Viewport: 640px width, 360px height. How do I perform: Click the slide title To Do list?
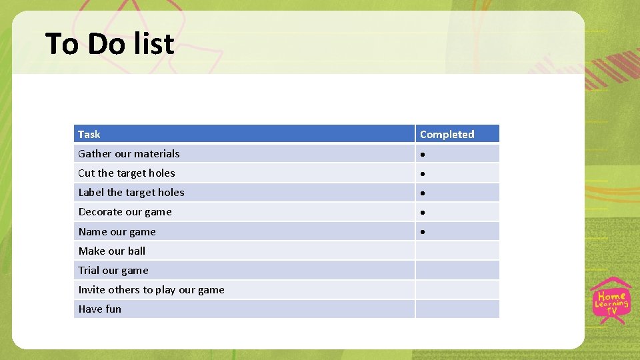click(x=110, y=44)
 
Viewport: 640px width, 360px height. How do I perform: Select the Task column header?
click(x=89, y=134)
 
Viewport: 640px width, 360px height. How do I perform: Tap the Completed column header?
click(x=447, y=134)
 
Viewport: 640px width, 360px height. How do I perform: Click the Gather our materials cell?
click(x=129, y=153)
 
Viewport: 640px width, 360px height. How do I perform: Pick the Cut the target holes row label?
click(x=127, y=173)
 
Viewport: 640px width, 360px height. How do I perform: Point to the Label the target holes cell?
click(x=131, y=192)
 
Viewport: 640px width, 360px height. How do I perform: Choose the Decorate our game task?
click(x=125, y=212)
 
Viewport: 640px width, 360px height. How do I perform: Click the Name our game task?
click(x=117, y=231)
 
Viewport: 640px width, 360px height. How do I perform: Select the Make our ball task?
click(x=111, y=251)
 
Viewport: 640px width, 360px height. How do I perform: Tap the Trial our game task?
click(x=113, y=270)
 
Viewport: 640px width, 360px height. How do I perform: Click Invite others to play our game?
click(x=151, y=289)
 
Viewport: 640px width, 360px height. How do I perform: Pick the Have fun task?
click(x=100, y=309)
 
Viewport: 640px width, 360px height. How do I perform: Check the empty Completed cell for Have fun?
click(x=457, y=309)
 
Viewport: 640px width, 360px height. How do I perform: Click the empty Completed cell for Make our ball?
click(x=457, y=251)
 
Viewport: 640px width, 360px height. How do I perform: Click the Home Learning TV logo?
click(x=611, y=301)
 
